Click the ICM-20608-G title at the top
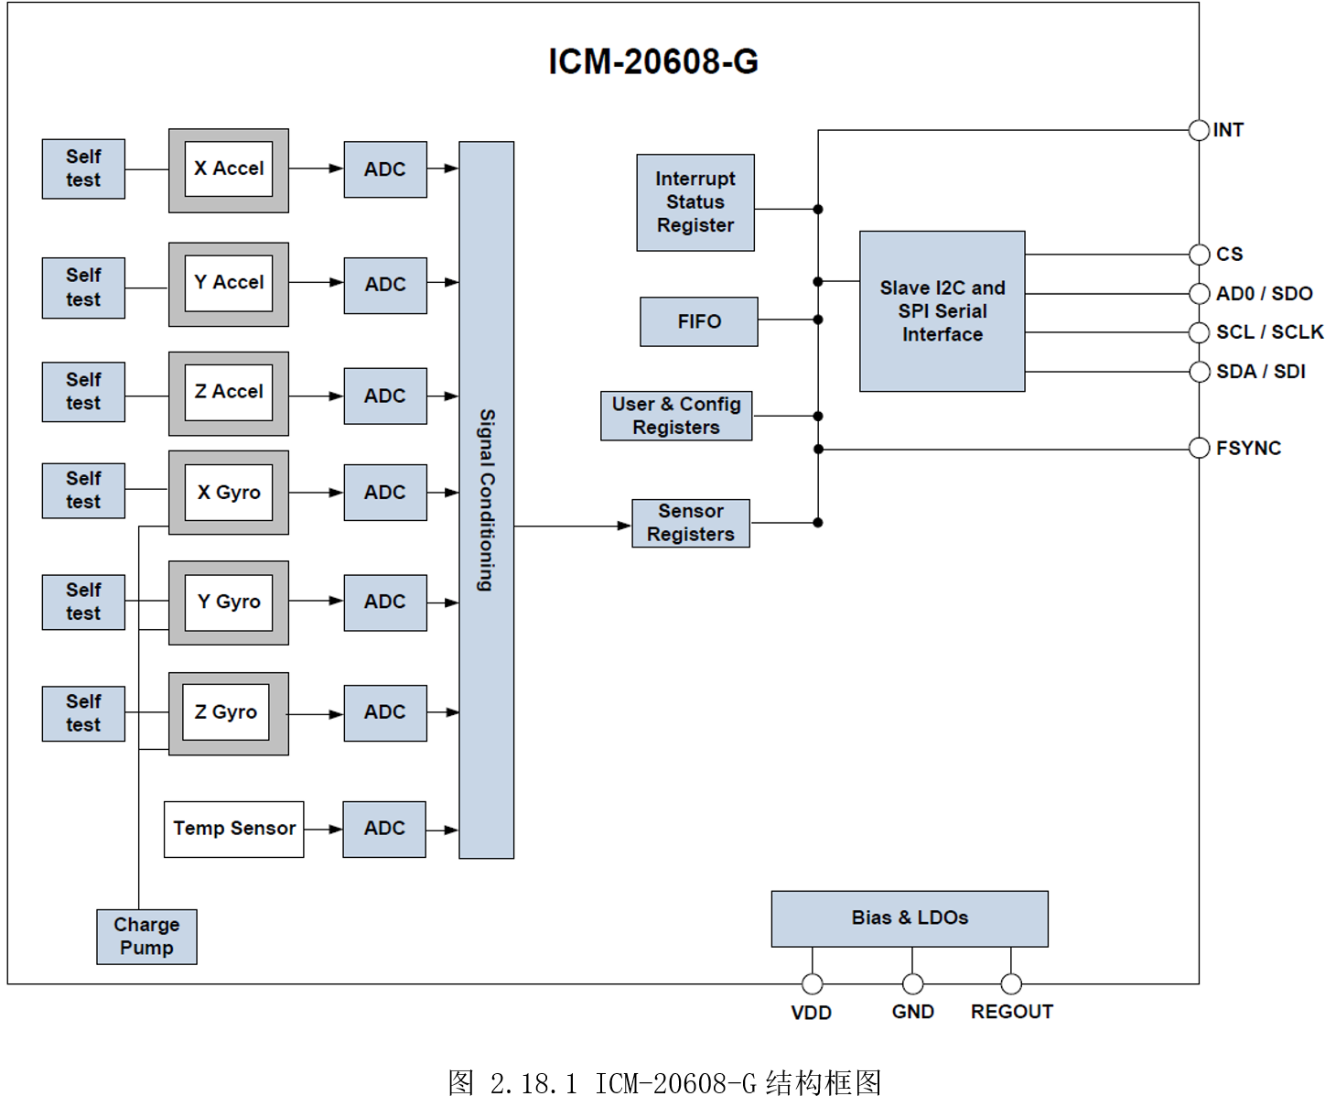click(653, 61)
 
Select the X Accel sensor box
click(229, 169)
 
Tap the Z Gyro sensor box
click(228, 712)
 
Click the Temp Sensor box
click(233, 829)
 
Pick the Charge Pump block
click(146, 936)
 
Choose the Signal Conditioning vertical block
click(486, 499)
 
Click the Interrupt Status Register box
click(695, 202)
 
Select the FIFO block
click(698, 321)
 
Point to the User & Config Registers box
click(676, 416)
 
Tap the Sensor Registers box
click(690, 523)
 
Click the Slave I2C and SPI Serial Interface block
click(942, 311)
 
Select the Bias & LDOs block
click(909, 917)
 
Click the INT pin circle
click(1199, 130)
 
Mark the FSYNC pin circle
click(1199, 448)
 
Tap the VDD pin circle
click(812, 983)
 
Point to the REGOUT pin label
click(1011, 1012)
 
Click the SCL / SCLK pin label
click(1268, 331)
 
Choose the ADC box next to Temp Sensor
click(383, 829)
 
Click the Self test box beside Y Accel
click(83, 288)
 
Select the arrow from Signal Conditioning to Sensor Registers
click(572, 526)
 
